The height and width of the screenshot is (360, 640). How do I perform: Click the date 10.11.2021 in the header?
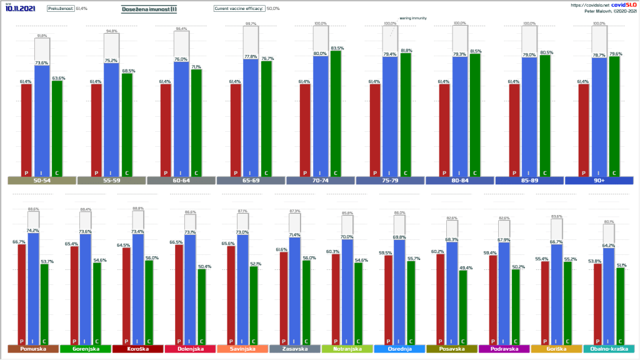click(x=20, y=9)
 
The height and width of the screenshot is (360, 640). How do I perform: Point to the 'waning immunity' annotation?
click(x=413, y=18)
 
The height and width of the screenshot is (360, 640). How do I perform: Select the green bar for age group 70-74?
click(x=336, y=112)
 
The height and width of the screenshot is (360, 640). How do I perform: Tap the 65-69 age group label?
click(x=251, y=181)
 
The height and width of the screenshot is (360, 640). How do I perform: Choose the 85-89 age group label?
click(x=529, y=181)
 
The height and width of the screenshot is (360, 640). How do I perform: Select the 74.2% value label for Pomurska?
click(x=33, y=230)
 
